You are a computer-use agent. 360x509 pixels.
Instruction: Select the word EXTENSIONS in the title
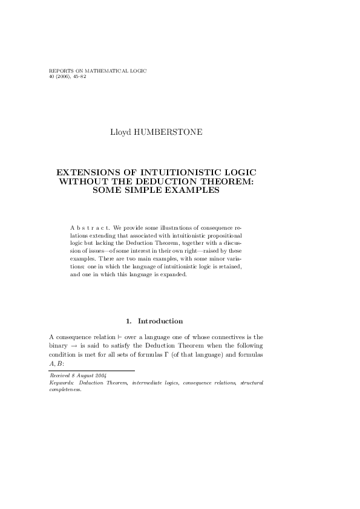point(87,173)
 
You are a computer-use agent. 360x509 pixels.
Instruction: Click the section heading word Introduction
point(160,321)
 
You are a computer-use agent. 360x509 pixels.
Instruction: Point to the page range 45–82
point(78,77)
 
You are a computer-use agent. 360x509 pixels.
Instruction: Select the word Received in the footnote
point(59,376)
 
